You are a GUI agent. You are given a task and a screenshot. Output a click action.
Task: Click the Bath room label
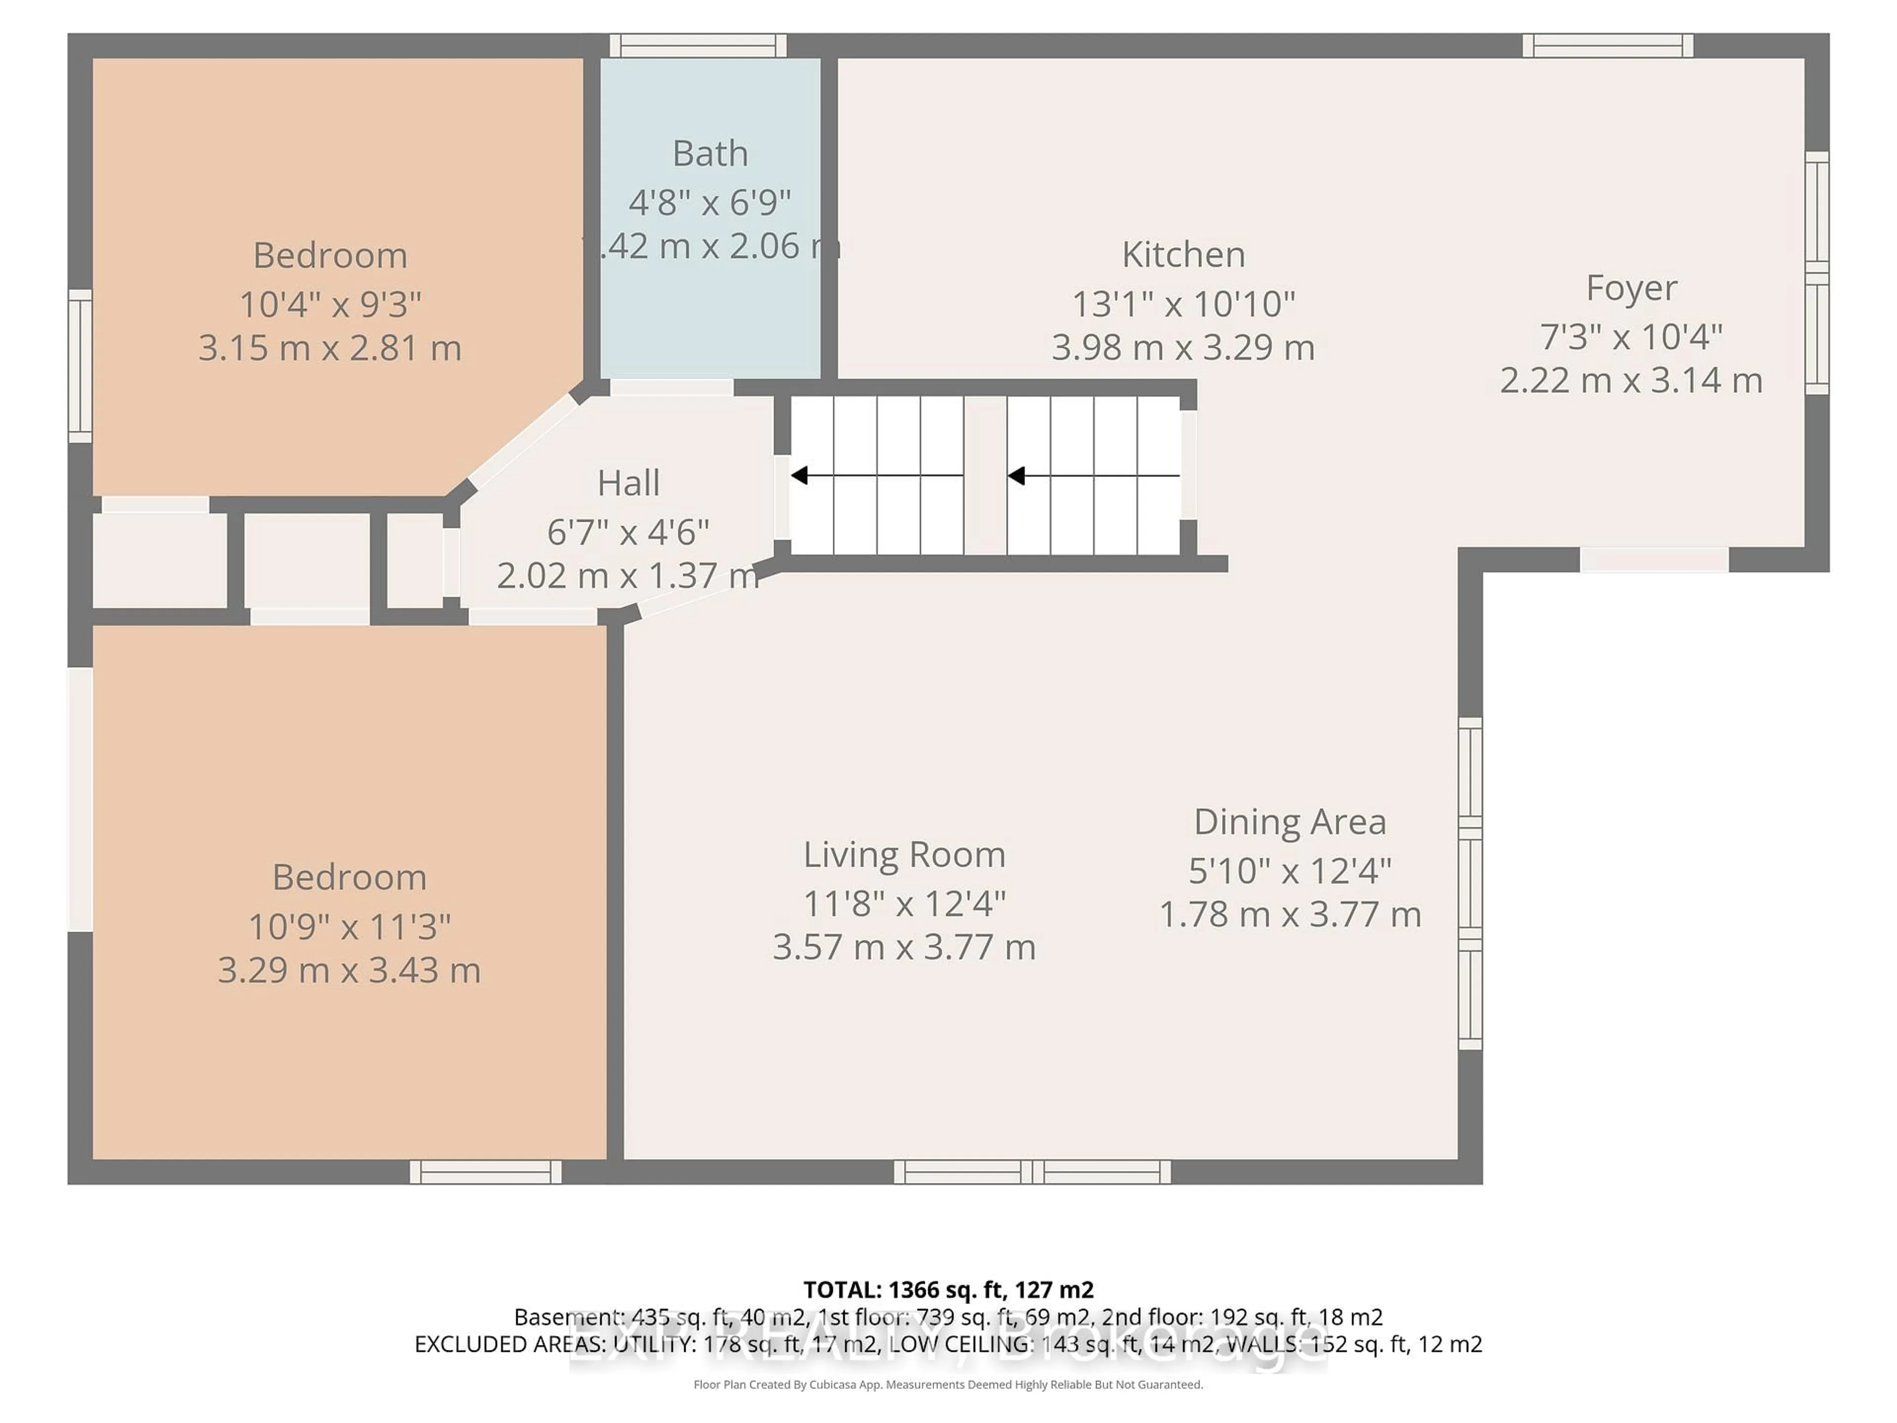tap(710, 154)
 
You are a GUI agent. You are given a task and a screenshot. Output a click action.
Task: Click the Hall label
tap(628, 483)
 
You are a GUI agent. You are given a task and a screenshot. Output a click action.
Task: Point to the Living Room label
tap(904, 854)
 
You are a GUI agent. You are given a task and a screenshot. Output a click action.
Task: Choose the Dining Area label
tap(1290, 822)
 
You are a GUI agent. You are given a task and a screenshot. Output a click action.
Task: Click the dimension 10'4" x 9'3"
tap(330, 304)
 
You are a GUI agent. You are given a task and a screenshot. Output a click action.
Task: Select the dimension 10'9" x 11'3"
tap(349, 926)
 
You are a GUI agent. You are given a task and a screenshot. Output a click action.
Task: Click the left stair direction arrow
tap(799, 475)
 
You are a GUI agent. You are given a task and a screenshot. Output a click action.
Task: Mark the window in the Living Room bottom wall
tap(1031, 1172)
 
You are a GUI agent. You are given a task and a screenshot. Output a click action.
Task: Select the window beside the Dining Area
tap(1470, 883)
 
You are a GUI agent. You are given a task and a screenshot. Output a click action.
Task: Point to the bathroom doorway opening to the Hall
tap(671, 387)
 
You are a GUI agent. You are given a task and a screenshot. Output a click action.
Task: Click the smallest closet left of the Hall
tap(415, 560)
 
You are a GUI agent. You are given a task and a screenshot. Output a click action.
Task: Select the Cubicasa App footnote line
tap(948, 1384)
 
